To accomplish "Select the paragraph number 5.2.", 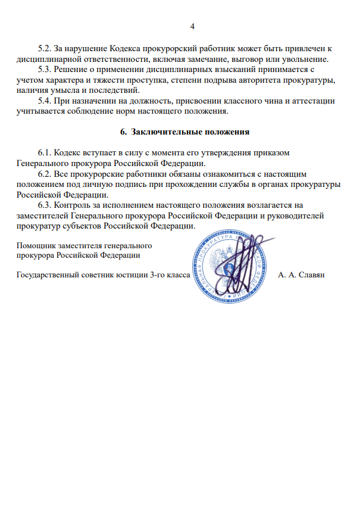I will pyautogui.click(x=45, y=48).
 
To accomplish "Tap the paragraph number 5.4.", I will pyautogui.click(x=45, y=101).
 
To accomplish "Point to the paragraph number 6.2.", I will pyautogui.click(x=45, y=174).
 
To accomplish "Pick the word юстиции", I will pyautogui.click(x=123, y=276).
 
